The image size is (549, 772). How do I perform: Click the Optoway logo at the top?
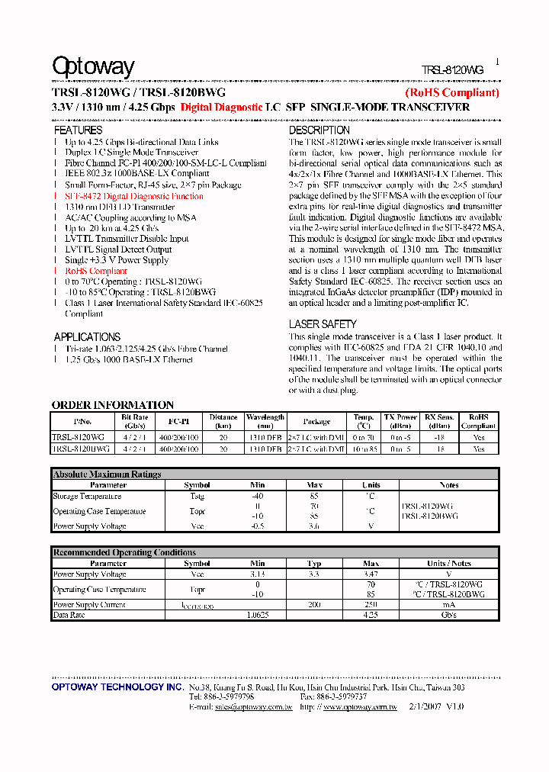tap(93, 67)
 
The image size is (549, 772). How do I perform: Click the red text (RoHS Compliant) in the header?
tap(451, 93)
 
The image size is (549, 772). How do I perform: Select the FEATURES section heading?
tap(78, 130)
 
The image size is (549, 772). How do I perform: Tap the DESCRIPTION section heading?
tap(319, 130)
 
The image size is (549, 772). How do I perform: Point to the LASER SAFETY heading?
tap(323, 324)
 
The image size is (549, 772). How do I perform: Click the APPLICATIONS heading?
tap(87, 336)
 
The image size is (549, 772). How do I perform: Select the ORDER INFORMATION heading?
tap(112, 405)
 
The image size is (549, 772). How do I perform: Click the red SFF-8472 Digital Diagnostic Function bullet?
tap(134, 196)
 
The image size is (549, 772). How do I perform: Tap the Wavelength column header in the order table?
tap(265, 421)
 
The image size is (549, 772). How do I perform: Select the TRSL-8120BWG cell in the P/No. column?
tap(81, 449)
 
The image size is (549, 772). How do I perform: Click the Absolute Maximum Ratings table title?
tap(107, 474)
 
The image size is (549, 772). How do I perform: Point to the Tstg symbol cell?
tap(197, 496)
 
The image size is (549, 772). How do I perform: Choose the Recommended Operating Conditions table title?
tap(124, 552)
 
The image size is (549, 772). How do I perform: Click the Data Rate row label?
tap(69, 615)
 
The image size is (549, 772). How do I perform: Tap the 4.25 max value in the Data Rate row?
tap(371, 615)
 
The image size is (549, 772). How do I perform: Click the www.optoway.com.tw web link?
tap(360, 707)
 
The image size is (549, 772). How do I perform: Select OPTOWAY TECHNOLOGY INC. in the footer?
tap(117, 687)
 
